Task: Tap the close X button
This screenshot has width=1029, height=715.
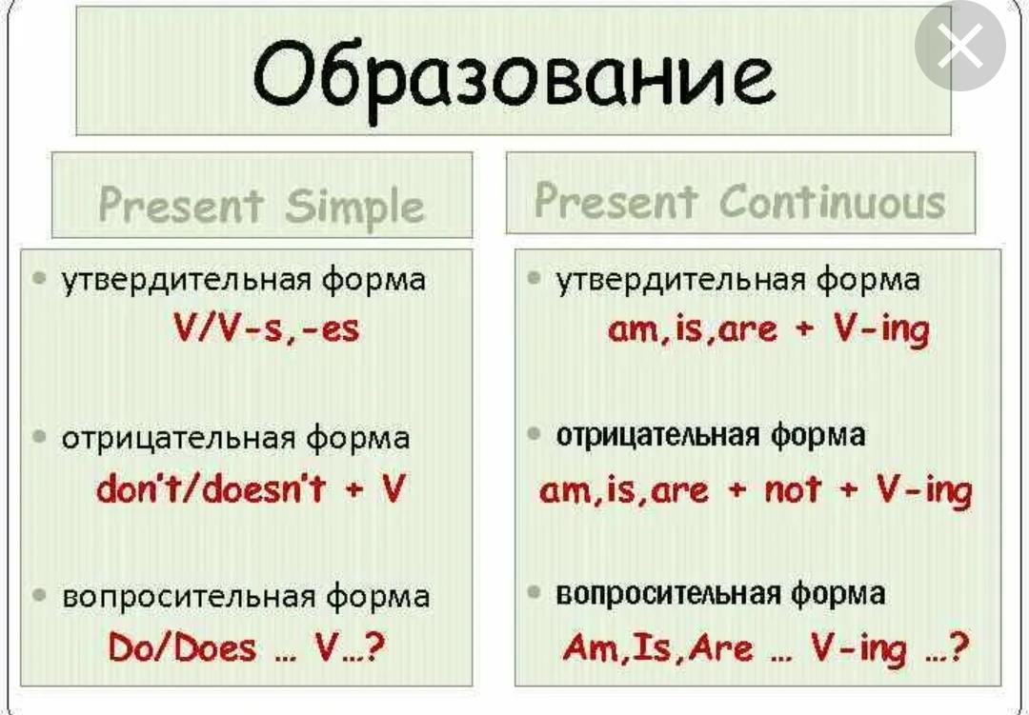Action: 960,46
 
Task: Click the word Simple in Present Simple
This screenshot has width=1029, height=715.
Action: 354,207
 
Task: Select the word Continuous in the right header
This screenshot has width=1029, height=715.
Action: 833,201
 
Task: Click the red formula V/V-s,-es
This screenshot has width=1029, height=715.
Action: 267,327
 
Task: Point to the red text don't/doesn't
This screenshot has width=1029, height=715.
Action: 211,488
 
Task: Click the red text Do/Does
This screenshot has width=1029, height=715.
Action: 182,647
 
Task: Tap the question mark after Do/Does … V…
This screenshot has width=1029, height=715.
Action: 373,647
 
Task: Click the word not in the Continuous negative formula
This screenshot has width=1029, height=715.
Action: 792,489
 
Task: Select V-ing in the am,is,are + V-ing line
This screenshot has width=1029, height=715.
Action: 882,328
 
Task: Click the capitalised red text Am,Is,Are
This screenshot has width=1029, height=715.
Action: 657,648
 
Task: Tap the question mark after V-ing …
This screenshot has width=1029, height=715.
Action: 958,647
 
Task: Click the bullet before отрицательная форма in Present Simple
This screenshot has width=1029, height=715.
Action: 39,436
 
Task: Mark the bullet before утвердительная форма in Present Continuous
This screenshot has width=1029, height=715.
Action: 535,278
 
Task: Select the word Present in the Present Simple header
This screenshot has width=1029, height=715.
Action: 181,206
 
